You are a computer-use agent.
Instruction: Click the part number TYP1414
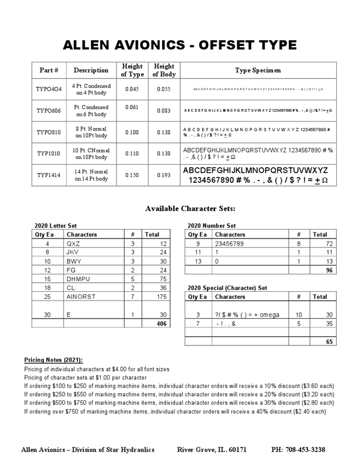pyautogui.click(x=49, y=175)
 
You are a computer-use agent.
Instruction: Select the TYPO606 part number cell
pyautogui.click(x=49, y=111)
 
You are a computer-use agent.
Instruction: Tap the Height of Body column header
pyautogui.click(x=164, y=70)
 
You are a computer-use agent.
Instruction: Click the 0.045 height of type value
pyautogui.click(x=132, y=89)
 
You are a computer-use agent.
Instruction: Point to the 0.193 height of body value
pyautogui.click(x=164, y=175)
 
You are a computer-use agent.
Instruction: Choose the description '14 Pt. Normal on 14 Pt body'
pyautogui.click(x=91, y=175)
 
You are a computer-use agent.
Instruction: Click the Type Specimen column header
pyautogui.click(x=257, y=70)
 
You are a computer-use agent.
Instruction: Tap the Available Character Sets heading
pyautogui.click(x=190, y=208)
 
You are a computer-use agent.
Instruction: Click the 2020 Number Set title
pyautogui.click(x=211, y=225)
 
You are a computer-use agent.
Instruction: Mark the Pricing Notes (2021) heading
pyautogui.click(x=54, y=360)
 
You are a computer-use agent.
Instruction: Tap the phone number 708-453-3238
pyautogui.click(x=298, y=450)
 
